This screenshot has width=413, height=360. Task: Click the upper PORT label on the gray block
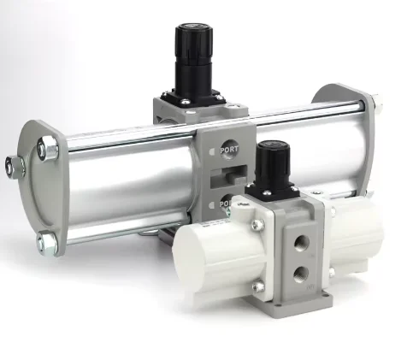(x=229, y=150)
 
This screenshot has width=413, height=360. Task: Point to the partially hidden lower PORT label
(x=225, y=204)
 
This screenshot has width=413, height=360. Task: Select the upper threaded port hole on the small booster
(x=302, y=243)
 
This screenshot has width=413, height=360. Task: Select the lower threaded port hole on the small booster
(x=302, y=274)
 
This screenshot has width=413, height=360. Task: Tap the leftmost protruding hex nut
(x=15, y=168)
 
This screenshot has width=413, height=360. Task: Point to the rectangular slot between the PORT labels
(x=228, y=176)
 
